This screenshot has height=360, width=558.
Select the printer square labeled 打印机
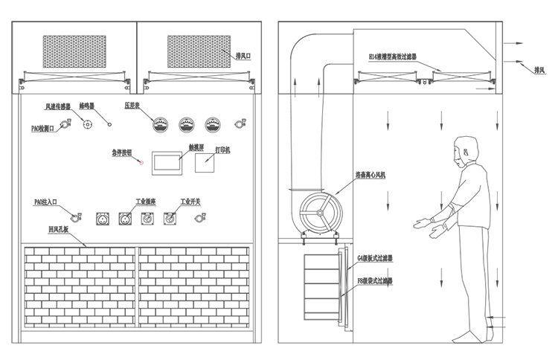[x=206, y=162]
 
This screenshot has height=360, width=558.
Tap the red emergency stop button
[x=141, y=161]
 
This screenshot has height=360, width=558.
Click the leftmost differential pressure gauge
[x=158, y=124]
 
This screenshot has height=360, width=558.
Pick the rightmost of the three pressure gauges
[x=214, y=124]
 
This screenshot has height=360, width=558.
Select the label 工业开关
[x=192, y=201]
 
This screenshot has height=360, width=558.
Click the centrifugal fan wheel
[x=318, y=214]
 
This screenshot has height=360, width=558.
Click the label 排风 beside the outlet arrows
[x=539, y=71]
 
